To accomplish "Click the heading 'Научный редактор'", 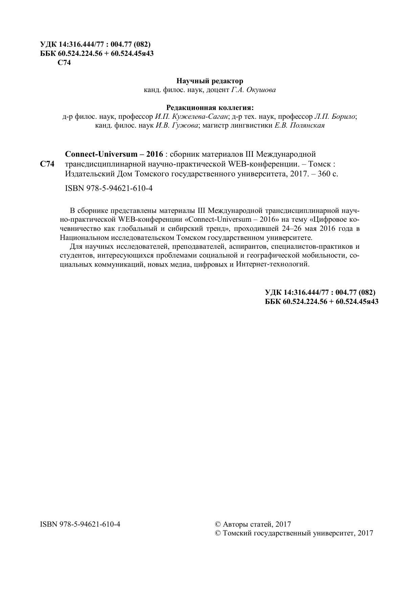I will click(210, 81).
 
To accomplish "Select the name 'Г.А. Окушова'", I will click(253, 90).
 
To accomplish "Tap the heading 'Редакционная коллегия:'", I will click(210, 108).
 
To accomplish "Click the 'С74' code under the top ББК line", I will click(64, 63).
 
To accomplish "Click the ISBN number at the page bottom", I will click(80, 524).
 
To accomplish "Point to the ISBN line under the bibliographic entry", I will click(109, 189).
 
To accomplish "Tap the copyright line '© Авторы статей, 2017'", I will click(253, 524).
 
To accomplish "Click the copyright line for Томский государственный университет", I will click(294, 533).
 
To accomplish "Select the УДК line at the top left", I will click(95, 44).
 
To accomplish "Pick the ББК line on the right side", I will click(322, 302).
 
